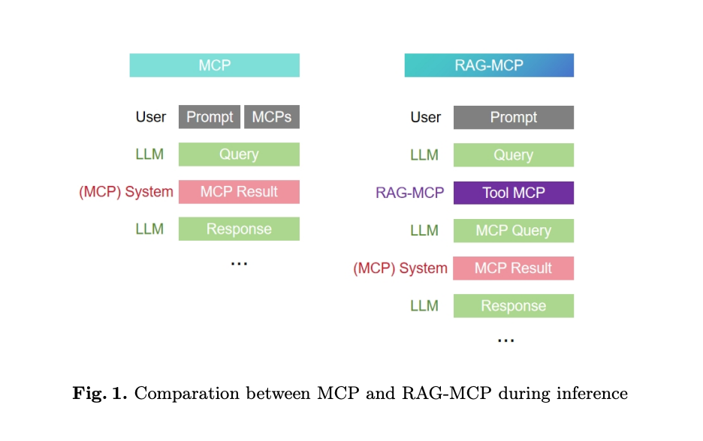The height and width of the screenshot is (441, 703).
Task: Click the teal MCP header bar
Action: tap(214, 65)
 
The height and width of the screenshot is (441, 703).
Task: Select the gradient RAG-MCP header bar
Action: tap(489, 65)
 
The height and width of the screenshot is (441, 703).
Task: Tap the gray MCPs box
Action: tap(272, 117)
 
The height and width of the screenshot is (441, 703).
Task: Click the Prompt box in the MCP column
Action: tap(210, 117)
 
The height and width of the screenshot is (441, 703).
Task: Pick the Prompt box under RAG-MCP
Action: tap(513, 118)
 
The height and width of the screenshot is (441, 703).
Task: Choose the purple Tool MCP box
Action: tap(513, 193)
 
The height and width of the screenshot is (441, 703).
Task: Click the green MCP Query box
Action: tap(513, 230)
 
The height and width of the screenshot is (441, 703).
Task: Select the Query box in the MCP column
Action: tap(239, 154)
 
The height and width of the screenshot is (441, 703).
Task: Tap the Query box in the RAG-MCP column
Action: tap(513, 155)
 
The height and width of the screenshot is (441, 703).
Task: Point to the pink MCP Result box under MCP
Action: tap(239, 192)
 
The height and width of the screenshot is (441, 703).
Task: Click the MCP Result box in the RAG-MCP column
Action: tap(513, 268)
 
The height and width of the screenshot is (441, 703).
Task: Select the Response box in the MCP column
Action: tap(239, 229)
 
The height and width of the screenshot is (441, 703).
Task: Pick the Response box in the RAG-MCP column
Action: tap(513, 306)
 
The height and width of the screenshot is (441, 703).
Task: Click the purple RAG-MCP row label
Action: tap(409, 193)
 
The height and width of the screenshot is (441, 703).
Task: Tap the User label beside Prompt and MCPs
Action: tap(151, 117)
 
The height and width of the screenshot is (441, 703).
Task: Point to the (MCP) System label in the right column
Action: tap(400, 268)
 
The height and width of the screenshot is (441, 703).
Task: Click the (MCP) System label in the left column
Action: tap(126, 192)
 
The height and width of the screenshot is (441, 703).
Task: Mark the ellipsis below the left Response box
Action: tap(239, 264)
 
